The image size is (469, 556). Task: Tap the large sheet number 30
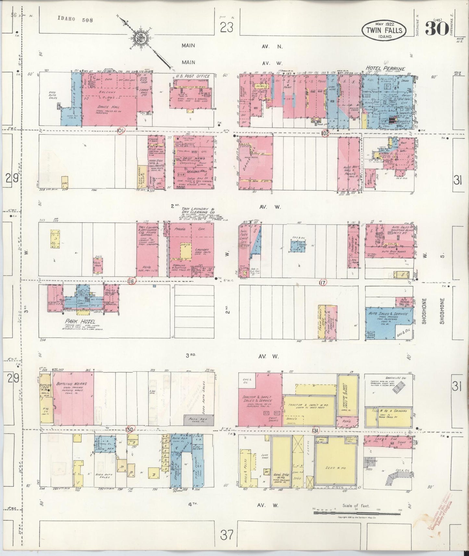435,29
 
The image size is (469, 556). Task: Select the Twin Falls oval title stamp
384,30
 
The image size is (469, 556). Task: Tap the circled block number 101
121,131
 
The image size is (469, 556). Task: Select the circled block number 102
326,133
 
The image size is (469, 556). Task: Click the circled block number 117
322,282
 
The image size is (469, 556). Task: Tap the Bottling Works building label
68,383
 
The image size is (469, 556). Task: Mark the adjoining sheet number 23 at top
227,28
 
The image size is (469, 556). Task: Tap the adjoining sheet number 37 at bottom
226,535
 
